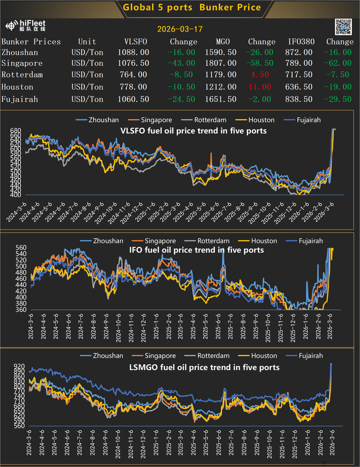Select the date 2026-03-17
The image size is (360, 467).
180,29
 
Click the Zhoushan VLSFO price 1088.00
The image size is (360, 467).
134,52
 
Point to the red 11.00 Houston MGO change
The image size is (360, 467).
260,87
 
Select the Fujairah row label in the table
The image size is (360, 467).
20,99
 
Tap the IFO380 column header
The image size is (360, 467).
301,42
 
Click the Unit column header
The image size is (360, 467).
87,42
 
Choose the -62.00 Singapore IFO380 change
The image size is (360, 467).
339,64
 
